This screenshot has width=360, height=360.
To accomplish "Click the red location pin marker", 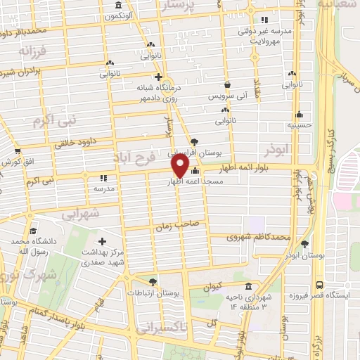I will [180, 165].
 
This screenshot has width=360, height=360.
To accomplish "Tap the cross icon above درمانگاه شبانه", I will [158, 77].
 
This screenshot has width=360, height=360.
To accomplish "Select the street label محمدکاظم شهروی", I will [259, 237].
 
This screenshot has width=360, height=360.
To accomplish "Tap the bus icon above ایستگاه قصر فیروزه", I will [320, 285].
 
